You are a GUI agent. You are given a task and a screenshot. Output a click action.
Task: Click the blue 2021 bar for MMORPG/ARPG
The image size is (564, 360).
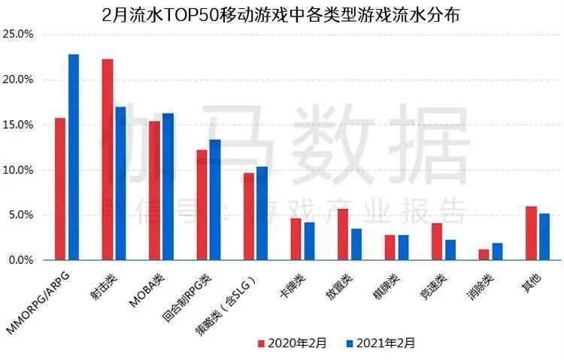73,157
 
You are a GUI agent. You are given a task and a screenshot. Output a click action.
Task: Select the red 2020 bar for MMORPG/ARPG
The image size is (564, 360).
60,189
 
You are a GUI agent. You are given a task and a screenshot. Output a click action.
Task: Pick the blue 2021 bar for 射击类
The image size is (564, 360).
120,183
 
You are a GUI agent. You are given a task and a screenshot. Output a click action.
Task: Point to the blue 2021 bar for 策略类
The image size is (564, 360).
262,213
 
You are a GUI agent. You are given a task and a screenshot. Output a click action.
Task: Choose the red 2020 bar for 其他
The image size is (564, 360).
531,233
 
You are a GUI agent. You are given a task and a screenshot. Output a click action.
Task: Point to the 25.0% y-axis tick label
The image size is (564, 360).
18,35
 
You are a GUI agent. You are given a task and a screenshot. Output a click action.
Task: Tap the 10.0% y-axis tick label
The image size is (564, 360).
18,170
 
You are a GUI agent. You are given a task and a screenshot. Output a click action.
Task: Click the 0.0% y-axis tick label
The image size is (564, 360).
20,260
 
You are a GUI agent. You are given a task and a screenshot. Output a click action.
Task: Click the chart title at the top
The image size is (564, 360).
282,14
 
